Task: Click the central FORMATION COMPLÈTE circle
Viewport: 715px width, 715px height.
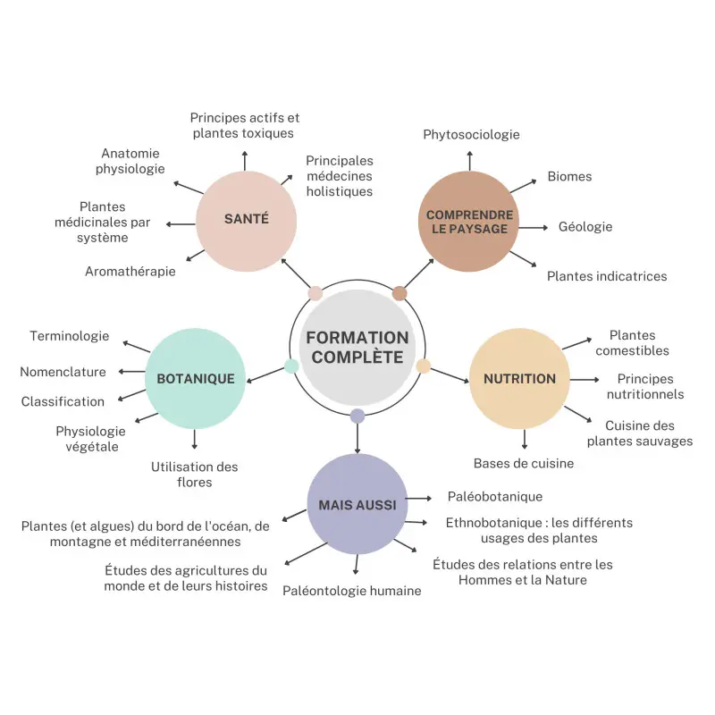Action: coord(357,349)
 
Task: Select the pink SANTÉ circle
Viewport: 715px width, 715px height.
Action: coord(246,220)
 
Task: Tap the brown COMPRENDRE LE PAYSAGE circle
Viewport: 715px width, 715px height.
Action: coord(469,222)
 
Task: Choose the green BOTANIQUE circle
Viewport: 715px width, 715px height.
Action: coord(195,378)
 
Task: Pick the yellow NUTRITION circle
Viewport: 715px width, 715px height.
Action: coord(519,378)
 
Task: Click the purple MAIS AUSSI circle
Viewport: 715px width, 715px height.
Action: coord(357,504)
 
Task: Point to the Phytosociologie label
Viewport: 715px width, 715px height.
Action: coord(471,135)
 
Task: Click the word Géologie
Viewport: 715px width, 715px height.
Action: coord(585,226)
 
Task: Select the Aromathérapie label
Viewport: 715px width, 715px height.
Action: coord(130,271)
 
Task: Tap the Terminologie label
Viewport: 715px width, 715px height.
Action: coord(70,336)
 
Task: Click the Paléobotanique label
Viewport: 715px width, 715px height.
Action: coord(495,496)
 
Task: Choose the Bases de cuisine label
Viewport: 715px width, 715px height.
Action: coord(524,463)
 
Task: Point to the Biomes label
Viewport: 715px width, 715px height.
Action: coord(569,176)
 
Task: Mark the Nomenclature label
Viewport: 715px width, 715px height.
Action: coord(63,372)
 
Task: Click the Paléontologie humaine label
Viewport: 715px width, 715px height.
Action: coord(352,590)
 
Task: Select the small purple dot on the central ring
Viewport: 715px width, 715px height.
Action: coord(357,416)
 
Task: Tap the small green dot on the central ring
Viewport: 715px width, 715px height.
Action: coord(291,366)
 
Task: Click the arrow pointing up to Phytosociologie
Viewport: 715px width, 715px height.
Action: coord(469,161)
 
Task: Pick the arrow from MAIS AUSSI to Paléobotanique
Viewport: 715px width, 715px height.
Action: coord(418,498)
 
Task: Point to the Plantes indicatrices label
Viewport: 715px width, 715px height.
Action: coord(607,276)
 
